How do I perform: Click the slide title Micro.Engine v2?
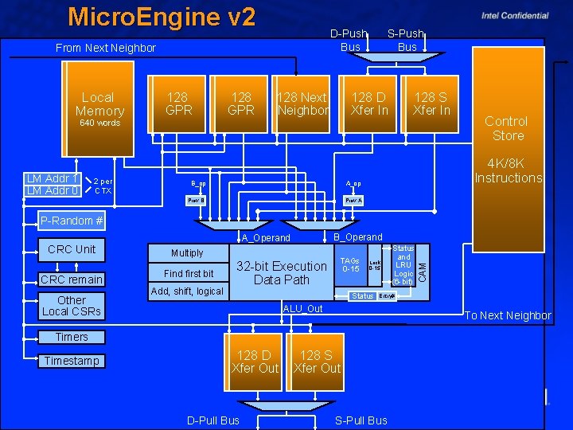pyautogui.click(x=162, y=17)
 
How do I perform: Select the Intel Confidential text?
pyautogui.click(x=514, y=15)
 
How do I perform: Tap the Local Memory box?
pyautogui.click(x=99, y=104)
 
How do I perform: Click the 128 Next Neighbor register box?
pyautogui.click(x=302, y=104)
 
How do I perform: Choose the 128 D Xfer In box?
pyautogui.click(x=369, y=104)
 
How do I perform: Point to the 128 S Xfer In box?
pyautogui.click(x=431, y=104)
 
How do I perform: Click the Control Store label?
pyautogui.click(x=508, y=128)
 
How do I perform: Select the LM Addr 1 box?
pyautogui.click(x=53, y=178)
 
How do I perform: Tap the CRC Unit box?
pyautogui.click(x=72, y=249)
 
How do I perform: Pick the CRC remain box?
pyautogui.click(x=72, y=279)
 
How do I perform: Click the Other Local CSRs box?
pyautogui.click(x=72, y=306)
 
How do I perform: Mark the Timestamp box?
pyautogui.click(x=72, y=361)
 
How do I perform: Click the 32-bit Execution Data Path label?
pyautogui.click(x=281, y=272)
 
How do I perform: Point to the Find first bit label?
pyautogui.click(x=189, y=273)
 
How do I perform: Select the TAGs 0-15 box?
pyautogui.click(x=349, y=265)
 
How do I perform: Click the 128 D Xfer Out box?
pyautogui.click(x=255, y=362)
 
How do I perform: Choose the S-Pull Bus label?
pyautogui.click(x=361, y=420)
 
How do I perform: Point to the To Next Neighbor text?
pyautogui.click(x=507, y=315)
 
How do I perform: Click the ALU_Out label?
pyautogui.click(x=303, y=309)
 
